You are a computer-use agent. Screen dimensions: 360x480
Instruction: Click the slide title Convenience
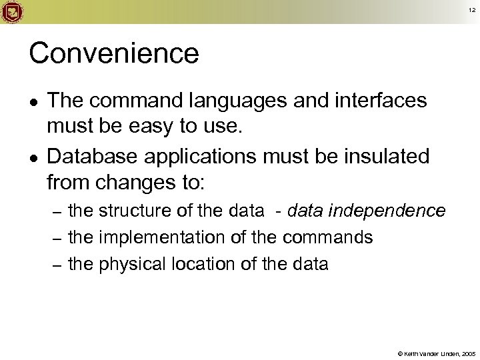coord(114,53)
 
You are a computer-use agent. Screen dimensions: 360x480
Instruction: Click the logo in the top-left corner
coord(12,11)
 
